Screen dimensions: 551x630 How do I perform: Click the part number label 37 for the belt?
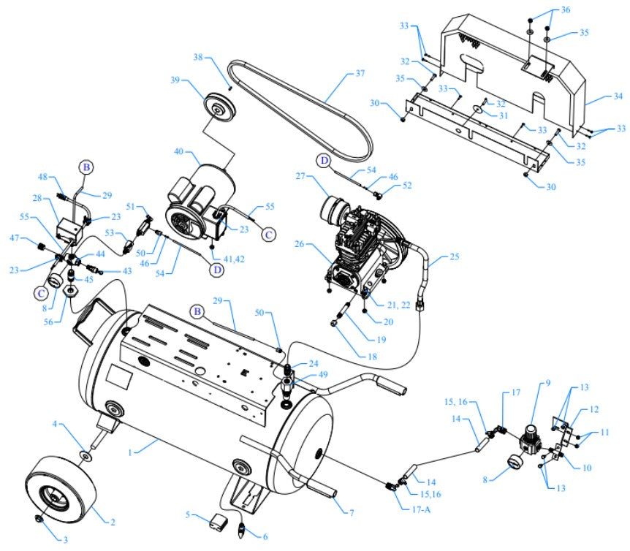tap(359, 74)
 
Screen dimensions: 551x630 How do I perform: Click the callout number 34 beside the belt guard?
tap(598, 96)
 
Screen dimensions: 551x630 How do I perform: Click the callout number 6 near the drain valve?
tap(265, 537)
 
